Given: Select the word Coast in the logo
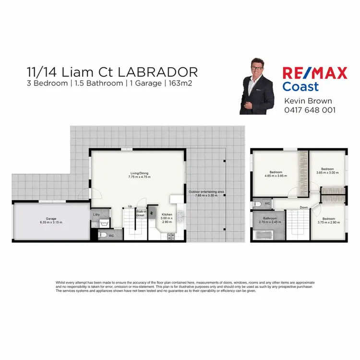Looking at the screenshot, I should (300, 87).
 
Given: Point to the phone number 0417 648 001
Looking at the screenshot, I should (310, 110).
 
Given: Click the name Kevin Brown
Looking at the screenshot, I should (308, 101).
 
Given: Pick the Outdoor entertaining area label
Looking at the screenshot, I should (206, 192).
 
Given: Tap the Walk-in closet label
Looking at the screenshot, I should (141, 213).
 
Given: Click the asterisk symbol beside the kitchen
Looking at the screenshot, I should (153, 213).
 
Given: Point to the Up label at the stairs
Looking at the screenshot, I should (130, 207).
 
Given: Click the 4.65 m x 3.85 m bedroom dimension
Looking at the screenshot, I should (276, 176).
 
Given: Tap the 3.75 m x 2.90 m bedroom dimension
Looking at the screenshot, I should (328, 222).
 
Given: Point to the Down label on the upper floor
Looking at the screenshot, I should (304, 207).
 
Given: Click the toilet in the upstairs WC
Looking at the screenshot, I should (258, 204).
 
